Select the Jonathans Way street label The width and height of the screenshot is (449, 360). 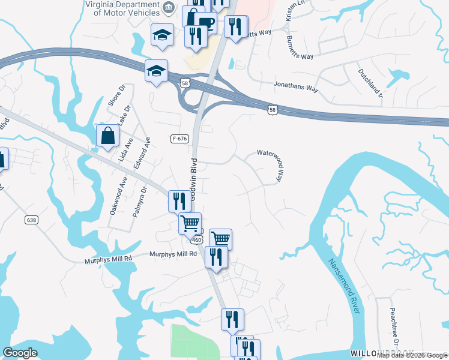[296, 87]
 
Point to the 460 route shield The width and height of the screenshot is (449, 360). [197, 239]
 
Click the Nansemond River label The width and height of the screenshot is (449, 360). [344, 286]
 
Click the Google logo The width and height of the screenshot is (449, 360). [20, 353]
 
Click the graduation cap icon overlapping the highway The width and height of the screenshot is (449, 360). [156, 72]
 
